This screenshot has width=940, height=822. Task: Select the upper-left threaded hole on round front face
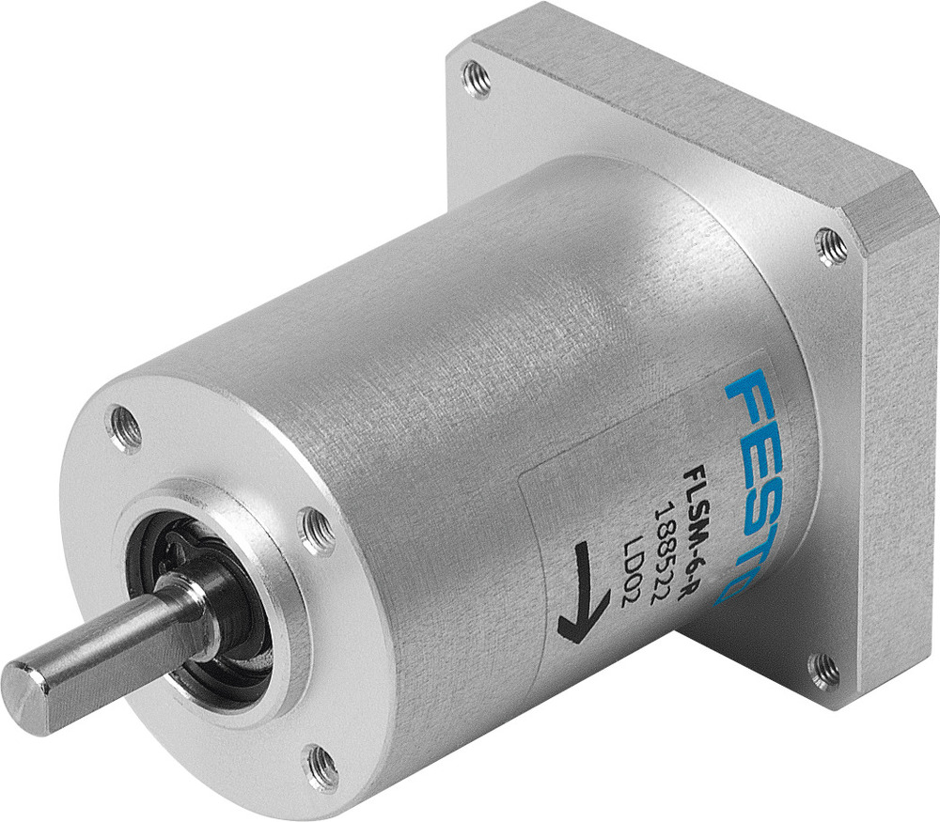pyautogui.click(x=125, y=428)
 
